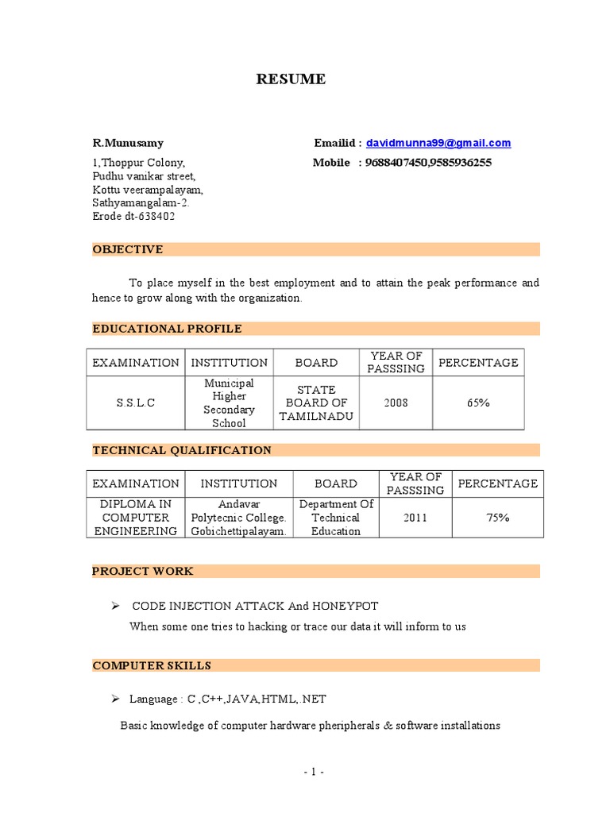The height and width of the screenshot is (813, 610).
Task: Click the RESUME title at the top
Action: [290, 79]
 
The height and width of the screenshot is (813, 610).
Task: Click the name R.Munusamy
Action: [128, 143]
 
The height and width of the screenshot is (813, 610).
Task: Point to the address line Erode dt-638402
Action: [133, 216]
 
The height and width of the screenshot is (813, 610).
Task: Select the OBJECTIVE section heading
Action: [128, 249]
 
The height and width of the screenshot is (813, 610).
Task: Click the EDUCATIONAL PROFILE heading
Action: [167, 329]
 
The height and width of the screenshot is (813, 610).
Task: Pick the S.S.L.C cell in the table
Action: [136, 403]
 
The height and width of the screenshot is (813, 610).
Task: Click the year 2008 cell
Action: [396, 403]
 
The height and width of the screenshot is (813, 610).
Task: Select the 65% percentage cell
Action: [478, 403]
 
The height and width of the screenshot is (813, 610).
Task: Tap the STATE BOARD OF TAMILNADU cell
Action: [316, 403]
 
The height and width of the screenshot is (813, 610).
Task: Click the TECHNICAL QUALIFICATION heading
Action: [182, 450]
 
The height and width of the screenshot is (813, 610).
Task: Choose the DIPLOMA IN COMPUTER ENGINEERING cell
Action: [135, 518]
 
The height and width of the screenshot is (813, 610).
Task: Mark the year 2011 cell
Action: [415, 518]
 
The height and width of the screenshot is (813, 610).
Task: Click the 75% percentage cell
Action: [498, 518]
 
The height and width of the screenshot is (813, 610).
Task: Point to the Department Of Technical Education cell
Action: [336, 518]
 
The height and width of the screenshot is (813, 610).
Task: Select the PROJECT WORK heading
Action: [143, 571]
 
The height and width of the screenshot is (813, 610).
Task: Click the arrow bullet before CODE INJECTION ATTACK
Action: [114, 606]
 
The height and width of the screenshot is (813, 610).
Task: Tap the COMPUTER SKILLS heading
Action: [152, 665]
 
